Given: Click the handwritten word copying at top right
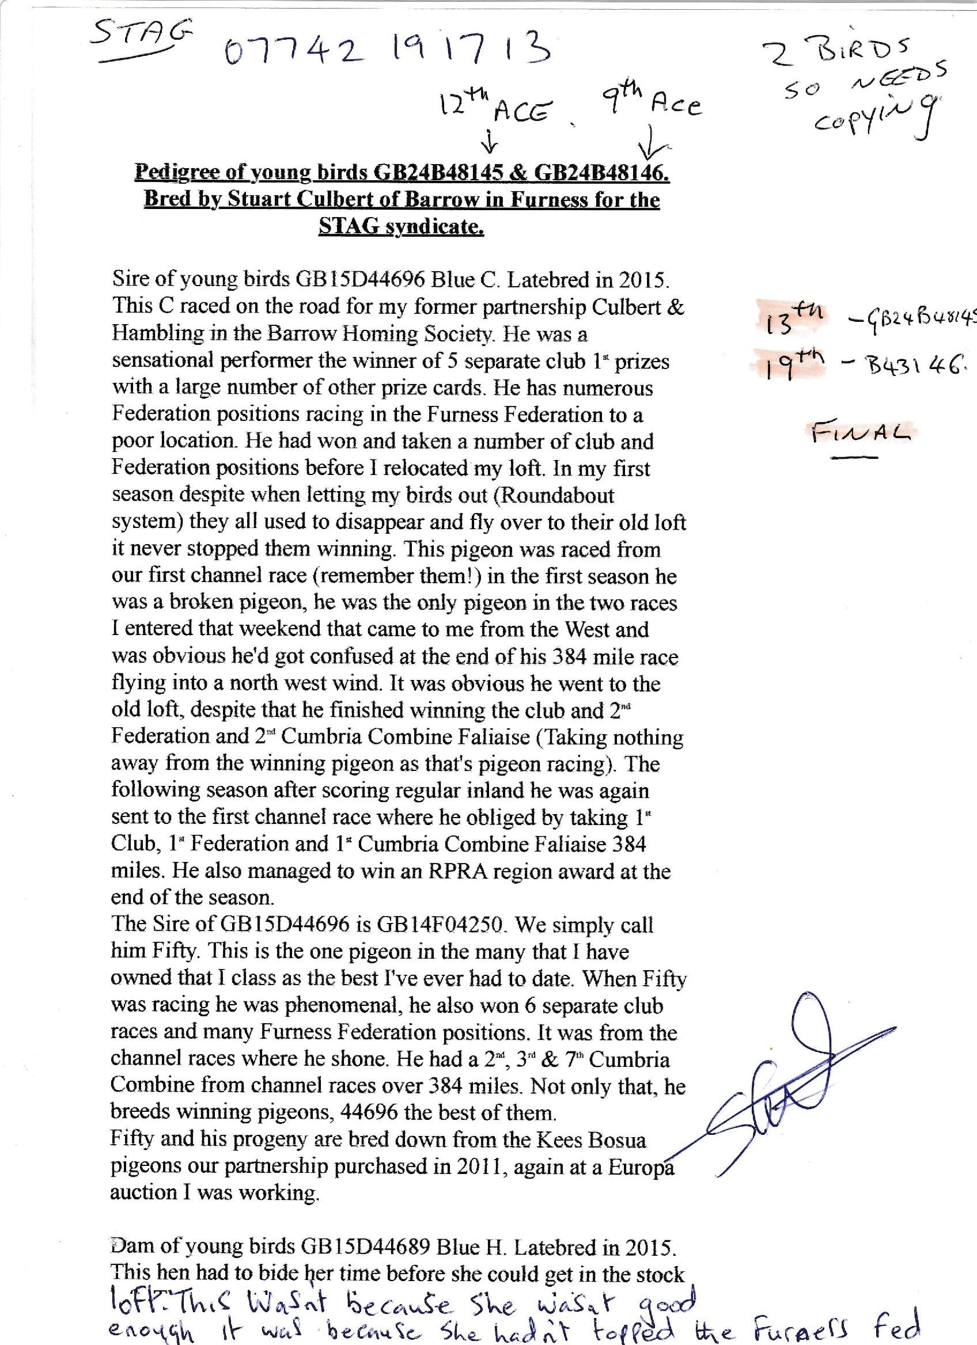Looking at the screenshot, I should pos(872,116).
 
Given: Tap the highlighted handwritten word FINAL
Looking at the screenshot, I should pos(860,432).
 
